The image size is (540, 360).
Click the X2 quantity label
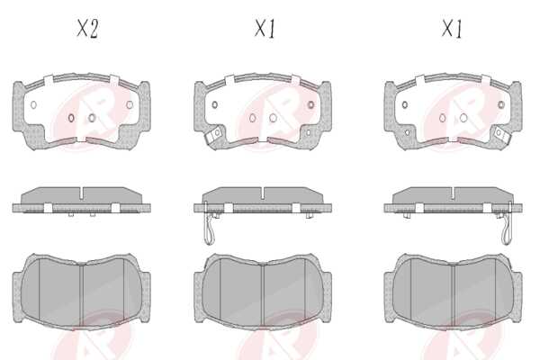point(87,29)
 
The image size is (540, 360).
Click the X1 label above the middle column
point(265,29)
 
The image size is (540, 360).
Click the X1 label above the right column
point(452,29)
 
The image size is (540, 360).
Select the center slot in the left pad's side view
point(82,193)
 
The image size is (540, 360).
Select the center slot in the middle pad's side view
point(263,193)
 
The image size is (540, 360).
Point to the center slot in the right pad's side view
point(454,193)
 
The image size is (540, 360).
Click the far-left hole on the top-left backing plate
point(33,104)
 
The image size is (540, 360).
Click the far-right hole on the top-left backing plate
point(130,104)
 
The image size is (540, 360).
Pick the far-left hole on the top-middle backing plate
point(214,104)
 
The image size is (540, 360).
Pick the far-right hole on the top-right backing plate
point(501,104)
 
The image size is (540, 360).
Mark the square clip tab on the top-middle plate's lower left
point(214,134)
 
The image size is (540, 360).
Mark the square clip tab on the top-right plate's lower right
point(502,134)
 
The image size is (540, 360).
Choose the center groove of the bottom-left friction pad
point(82,294)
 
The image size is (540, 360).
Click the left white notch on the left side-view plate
point(48,208)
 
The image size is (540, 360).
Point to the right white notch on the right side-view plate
point(487,208)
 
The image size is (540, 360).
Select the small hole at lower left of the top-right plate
point(408,132)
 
